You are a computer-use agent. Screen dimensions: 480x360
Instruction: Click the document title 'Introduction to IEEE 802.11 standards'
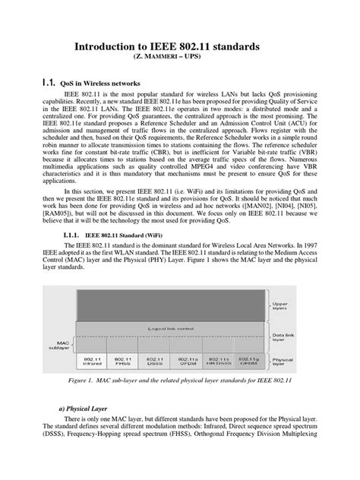click(180, 47)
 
